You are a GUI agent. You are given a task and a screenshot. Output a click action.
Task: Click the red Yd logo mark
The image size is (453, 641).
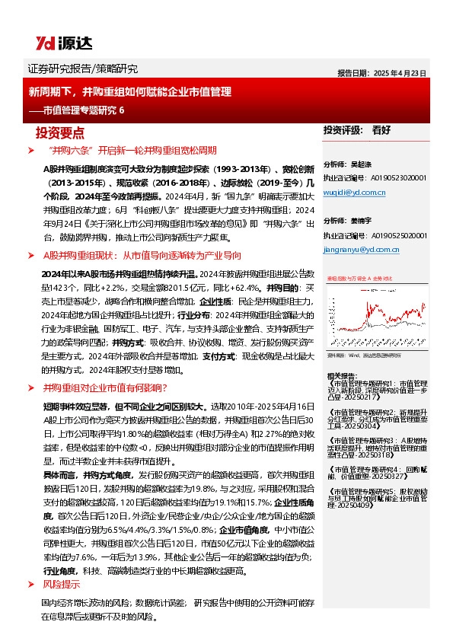point(40,43)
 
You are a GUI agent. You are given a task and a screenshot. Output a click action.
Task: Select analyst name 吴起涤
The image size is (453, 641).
point(360,164)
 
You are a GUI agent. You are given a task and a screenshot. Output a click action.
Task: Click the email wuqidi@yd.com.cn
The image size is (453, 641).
point(350,193)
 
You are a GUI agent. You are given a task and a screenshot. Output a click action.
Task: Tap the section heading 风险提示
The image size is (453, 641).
point(61,585)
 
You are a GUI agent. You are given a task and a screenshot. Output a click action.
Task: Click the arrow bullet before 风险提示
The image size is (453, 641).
point(30,585)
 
